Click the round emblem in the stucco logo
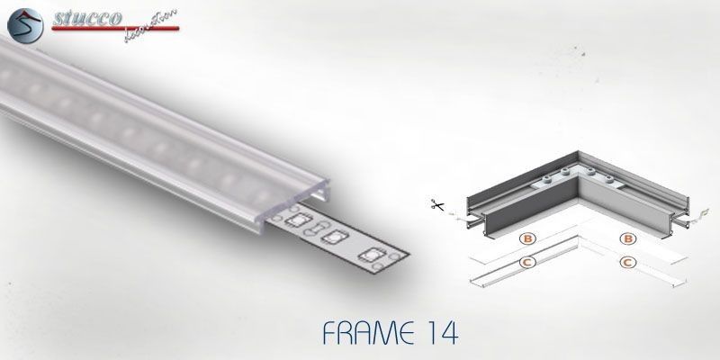pos(25,26)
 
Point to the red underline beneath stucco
pos(115,29)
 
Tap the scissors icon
pos(437,205)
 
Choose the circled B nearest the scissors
pos(527,238)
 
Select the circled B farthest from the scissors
pos(627,238)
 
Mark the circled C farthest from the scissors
pos(627,263)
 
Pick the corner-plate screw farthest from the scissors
pos(610,178)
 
